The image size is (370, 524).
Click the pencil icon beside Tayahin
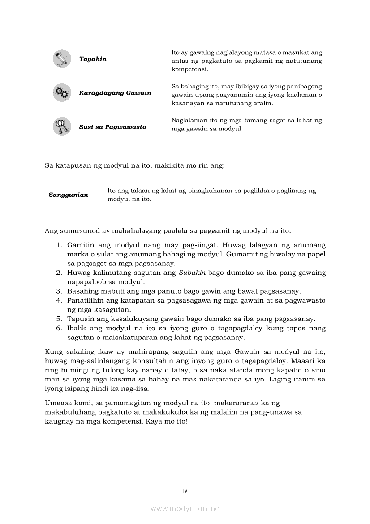click(x=61, y=59)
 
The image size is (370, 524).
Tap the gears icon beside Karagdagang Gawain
click(x=61, y=93)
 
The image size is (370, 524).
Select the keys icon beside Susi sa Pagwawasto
click(x=61, y=127)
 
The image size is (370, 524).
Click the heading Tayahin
click(x=93, y=59)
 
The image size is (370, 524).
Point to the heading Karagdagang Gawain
click(x=115, y=93)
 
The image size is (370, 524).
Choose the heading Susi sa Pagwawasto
click(x=112, y=127)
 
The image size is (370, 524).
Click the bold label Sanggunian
click(x=68, y=195)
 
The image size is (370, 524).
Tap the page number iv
click(x=185, y=491)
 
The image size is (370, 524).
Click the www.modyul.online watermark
click(x=185, y=509)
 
